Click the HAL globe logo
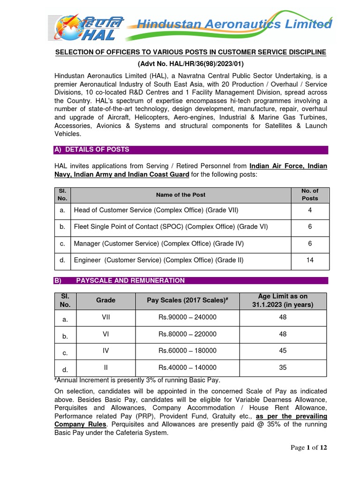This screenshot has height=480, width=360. [70, 27]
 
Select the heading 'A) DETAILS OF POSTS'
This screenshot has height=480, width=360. [92, 150]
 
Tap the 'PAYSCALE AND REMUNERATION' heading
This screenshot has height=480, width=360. [130, 280]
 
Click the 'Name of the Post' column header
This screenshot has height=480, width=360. [180, 195]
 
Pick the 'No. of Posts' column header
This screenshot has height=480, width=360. [309, 195]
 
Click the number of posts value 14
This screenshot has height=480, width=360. [309, 260]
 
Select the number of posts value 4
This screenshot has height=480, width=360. [309, 210]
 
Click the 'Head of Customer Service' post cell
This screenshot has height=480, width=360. [156, 210]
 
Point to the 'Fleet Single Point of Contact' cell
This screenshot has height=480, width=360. [171, 227]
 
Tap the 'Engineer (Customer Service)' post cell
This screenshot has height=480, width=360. [158, 260]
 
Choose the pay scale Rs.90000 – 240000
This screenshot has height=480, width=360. [187, 317]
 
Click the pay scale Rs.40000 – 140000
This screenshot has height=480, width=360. [187, 368]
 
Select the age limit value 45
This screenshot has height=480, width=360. [283, 351]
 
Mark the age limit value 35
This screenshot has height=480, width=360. [283, 367]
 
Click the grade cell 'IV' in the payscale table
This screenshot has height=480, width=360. [105, 351]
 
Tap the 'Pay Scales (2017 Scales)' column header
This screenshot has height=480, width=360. [187, 300]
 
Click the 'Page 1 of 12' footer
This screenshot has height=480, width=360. [308, 448]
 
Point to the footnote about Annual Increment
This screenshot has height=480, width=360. [137, 380]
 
